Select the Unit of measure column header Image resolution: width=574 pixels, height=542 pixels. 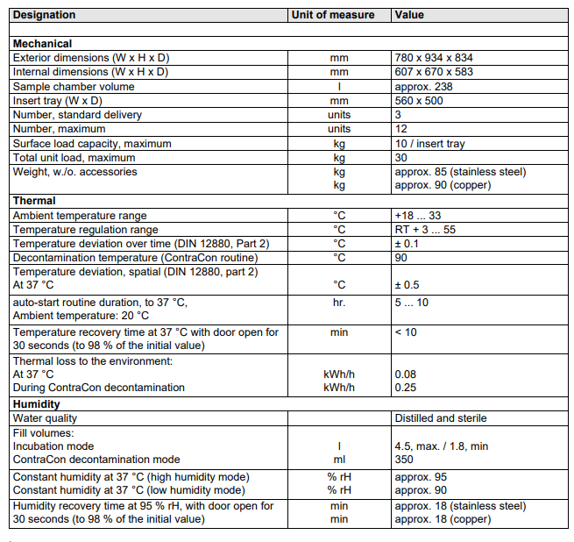coord(333,15)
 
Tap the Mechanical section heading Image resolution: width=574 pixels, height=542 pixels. coord(42,44)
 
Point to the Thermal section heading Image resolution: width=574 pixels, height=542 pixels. coord(35,201)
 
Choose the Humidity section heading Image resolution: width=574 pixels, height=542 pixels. coord(37,404)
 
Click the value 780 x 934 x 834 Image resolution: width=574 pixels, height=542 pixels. coord(434,58)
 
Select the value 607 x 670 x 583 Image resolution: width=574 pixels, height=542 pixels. coord(434,72)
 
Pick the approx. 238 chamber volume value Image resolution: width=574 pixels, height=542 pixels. coord(423,87)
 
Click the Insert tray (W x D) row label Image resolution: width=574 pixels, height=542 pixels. coord(58,101)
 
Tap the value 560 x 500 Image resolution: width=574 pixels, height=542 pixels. coord(419,101)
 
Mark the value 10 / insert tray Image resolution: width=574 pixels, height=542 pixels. coord(430,144)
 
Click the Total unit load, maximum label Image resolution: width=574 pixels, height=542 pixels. coord(74,158)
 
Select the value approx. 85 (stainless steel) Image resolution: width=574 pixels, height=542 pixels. coord(460,172)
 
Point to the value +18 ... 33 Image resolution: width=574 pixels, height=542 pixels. coord(419,215)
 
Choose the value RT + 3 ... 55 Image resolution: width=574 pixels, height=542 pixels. coord(425,229)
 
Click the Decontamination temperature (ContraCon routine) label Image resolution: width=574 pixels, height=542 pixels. coord(135,258)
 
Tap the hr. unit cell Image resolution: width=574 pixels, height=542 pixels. coord(339,303)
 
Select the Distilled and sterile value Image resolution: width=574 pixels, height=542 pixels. coord(440,419)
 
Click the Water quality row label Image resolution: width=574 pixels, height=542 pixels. coord(45,419)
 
